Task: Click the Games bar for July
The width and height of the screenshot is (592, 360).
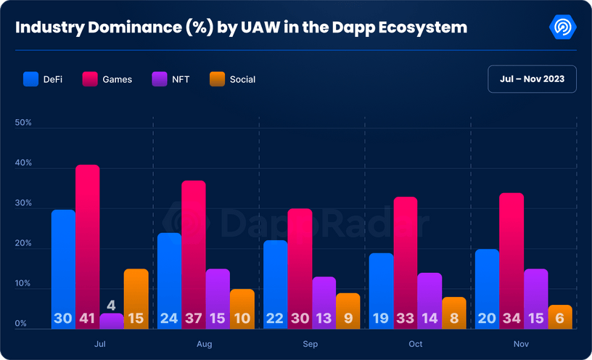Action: point(88,247)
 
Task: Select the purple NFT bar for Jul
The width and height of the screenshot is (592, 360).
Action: point(112,322)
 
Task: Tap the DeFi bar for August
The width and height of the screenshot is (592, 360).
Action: point(169,281)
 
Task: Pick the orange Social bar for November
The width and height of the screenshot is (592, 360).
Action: point(560,317)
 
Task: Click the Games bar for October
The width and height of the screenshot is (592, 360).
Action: point(406,263)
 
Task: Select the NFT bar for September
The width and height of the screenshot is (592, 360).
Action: point(324,303)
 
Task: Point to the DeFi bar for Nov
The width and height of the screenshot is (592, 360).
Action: point(487,289)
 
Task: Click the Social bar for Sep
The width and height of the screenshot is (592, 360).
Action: point(348,311)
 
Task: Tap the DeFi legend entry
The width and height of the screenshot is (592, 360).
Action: point(43,79)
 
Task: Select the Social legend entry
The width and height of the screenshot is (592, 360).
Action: point(232,79)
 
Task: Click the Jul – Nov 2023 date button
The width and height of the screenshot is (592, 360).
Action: point(533,79)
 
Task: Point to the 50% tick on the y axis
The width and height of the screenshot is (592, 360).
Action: point(23,123)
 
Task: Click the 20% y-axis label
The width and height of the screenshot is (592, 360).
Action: point(23,243)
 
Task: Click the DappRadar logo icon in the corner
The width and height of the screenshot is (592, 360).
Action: point(563,27)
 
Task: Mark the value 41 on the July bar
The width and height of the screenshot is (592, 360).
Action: point(88,318)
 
